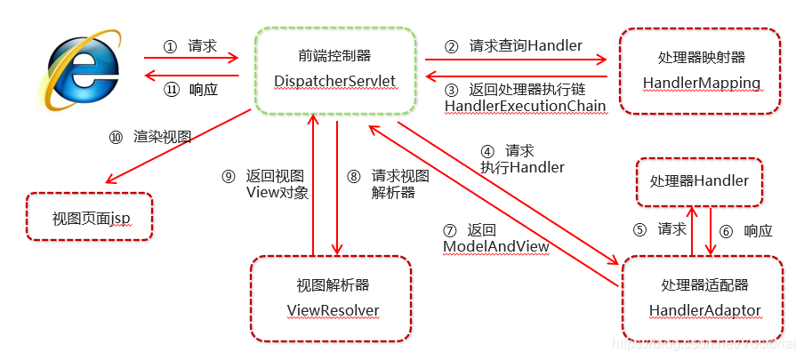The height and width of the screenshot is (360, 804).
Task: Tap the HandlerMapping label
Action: coord(701,83)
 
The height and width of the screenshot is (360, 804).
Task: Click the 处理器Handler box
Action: coord(699,181)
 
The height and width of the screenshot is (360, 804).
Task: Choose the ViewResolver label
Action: coord(333,309)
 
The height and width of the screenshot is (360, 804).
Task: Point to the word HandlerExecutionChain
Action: coord(525,106)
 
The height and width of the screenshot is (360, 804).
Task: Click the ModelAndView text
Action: coord(495,244)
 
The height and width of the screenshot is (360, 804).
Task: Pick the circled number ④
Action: coord(487,151)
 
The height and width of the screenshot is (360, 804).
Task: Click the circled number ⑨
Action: coord(229,176)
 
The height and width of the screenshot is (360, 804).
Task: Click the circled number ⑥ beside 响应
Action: coord(726,231)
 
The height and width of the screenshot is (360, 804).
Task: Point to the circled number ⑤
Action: coord(639,229)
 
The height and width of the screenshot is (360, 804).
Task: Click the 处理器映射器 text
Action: coord(701,58)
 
